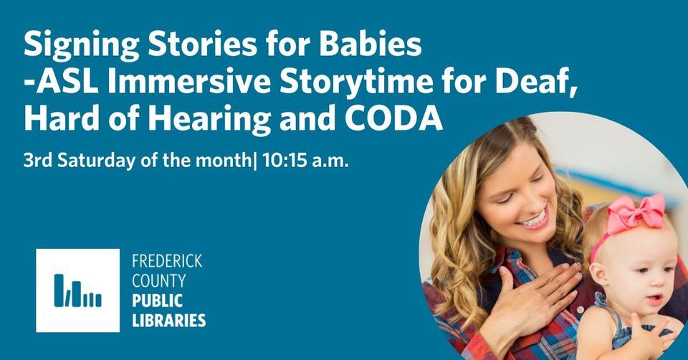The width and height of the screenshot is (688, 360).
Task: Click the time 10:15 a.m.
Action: pyautogui.click(x=306, y=161)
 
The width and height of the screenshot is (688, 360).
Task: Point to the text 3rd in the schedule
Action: pyautogui.click(x=38, y=161)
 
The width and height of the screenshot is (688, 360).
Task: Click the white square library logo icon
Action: pyautogui.click(x=77, y=290)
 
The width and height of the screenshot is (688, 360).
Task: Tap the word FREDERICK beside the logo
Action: pyautogui.click(x=167, y=261)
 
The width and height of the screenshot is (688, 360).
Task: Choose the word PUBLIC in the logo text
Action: pyautogui.click(x=157, y=301)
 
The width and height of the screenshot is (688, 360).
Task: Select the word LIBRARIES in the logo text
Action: pyautogui.click(x=169, y=321)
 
